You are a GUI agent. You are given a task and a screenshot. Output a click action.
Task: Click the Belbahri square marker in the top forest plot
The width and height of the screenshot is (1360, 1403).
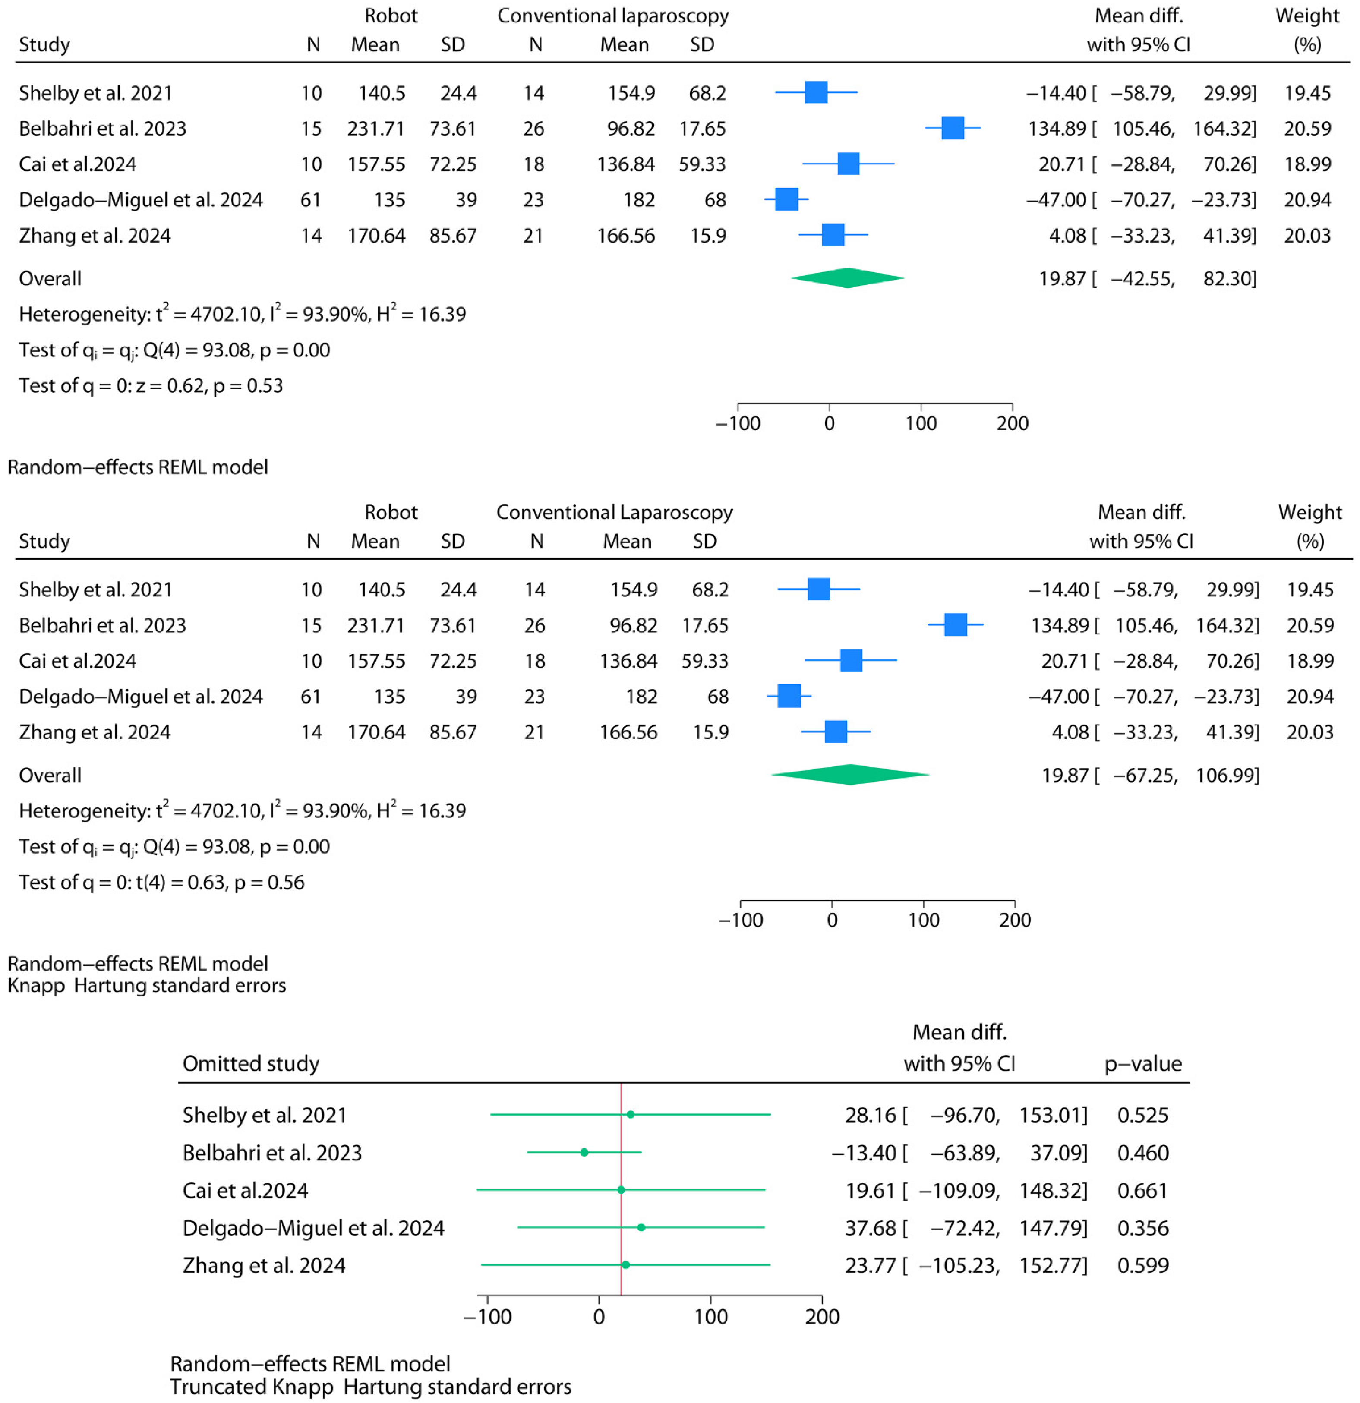coord(952,128)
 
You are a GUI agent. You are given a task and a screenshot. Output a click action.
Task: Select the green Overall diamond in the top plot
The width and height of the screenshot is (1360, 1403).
coord(848,278)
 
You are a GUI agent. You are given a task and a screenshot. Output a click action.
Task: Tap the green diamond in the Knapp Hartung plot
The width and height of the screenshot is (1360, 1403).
coord(850,775)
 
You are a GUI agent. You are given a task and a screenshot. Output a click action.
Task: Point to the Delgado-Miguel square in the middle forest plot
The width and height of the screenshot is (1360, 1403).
coord(789,696)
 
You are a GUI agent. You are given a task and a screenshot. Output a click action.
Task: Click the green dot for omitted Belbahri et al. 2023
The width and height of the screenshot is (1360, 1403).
coord(584,1152)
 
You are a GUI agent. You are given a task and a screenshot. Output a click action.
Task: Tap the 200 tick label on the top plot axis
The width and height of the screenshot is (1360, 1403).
coord(1012,424)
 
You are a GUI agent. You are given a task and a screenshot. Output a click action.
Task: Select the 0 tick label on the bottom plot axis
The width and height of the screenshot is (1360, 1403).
coord(599,1317)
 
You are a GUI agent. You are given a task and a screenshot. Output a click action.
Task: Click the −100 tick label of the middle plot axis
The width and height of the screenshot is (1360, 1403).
coord(741,921)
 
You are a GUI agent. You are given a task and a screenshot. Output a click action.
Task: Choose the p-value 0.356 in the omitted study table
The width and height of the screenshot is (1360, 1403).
coord(1142,1228)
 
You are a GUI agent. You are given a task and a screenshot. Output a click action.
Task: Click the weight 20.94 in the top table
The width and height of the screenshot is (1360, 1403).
coord(1307,200)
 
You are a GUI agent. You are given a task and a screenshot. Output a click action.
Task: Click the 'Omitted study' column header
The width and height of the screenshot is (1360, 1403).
coord(250,1064)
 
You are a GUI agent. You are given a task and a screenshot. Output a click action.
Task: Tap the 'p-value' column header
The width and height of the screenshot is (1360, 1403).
coord(1142,1064)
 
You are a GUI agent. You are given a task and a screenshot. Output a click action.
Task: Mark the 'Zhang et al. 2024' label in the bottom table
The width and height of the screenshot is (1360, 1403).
coord(263,1266)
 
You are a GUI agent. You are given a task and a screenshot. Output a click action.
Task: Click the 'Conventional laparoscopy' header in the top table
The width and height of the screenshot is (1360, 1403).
coord(613,16)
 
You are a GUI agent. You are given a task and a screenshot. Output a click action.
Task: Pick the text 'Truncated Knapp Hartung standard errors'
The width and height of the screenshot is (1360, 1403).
coord(370,1387)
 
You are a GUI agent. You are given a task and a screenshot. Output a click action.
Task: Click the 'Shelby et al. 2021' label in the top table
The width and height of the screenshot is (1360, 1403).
coord(95,93)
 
